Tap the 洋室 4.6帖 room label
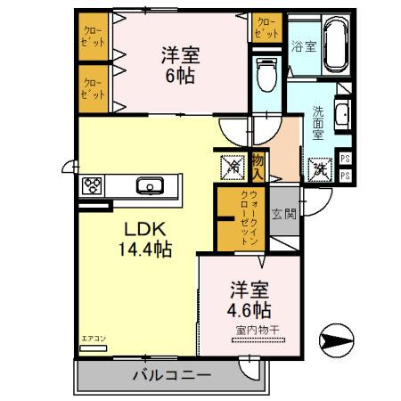(x=250, y=300)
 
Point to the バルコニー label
(x=172, y=374)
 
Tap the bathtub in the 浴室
(x=334, y=45)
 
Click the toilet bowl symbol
(x=266, y=74)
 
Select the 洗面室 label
(x=318, y=124)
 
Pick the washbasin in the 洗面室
(x=343, y=113)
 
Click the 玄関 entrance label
(x=284, y=214)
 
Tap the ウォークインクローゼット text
(x=248, y=218)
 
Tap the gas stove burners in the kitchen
(x=93, y=186)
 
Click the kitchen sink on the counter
(x=149, y=186)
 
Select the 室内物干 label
(x=258, y=331)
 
